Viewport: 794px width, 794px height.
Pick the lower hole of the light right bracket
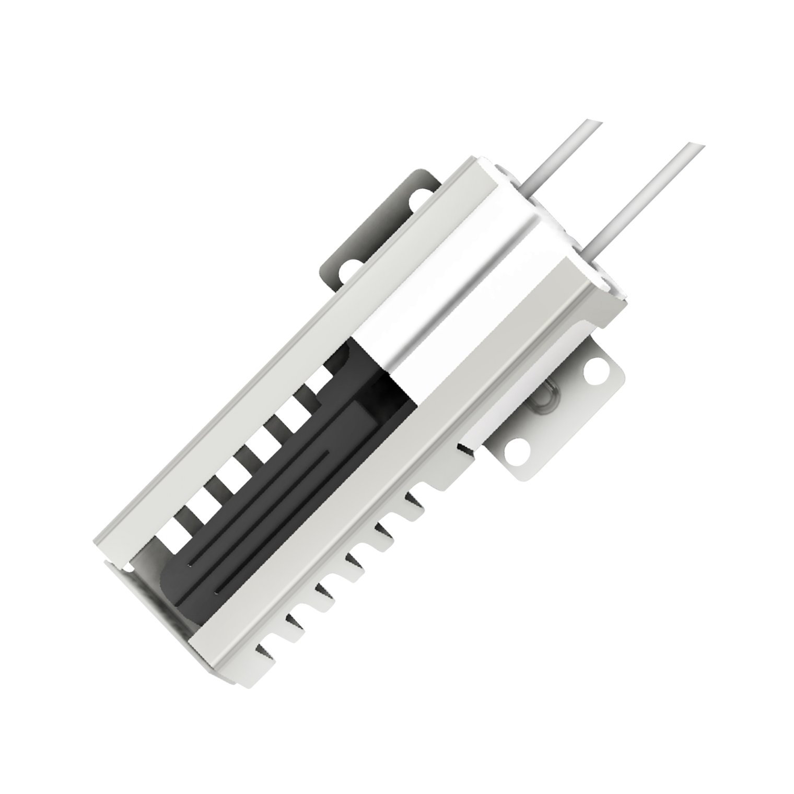point(517,448)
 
